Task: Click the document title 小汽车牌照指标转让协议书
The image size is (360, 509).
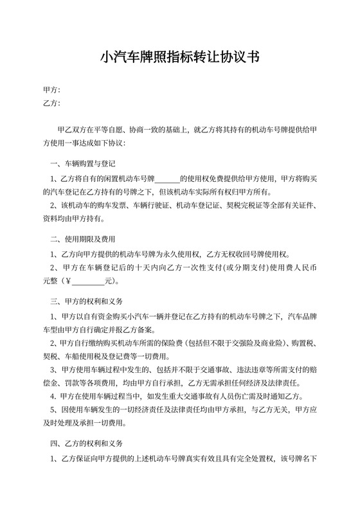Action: point(179,57)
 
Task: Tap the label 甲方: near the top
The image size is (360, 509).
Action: point(51,89)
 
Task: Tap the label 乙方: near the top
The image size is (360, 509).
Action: point(51,102)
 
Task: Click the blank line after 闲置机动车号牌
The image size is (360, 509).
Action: point(168,178)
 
